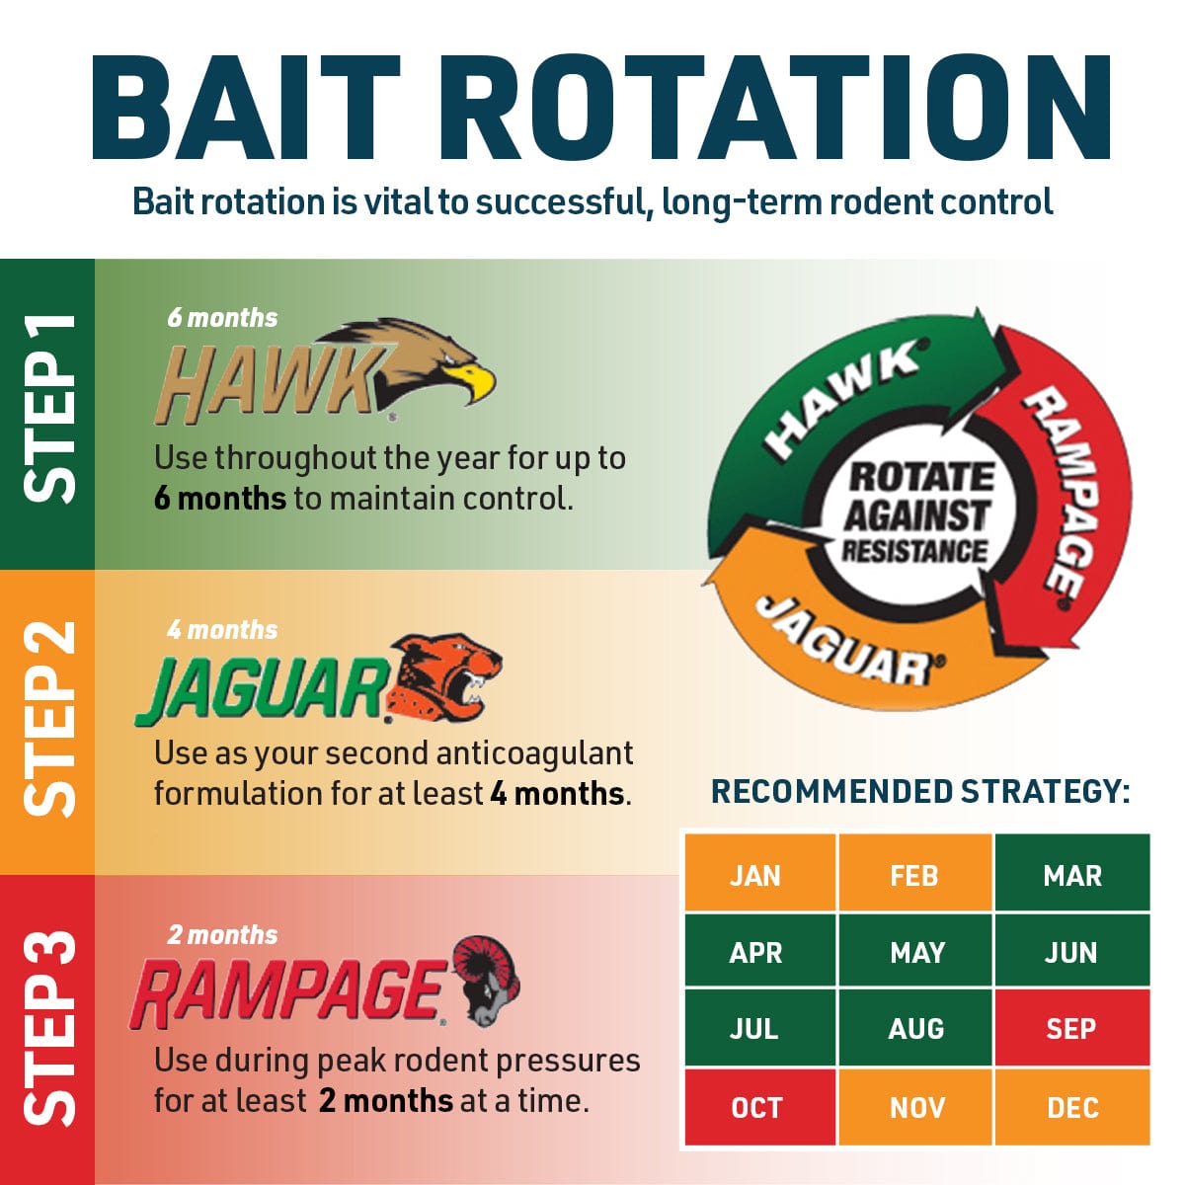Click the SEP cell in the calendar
click(x=1071, y=1028)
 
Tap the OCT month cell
click(x=760, y=1108)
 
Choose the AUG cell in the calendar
click(x=915, y=1028)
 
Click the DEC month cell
click(x=1071, y=1108)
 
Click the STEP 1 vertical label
click(x=48, y=409)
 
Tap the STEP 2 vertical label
click(x=48, y=719)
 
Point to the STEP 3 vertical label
click(x=48, y=1028)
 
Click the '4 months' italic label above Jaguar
click(x=222, y=630)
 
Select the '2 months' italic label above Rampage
click(x=222, y=935)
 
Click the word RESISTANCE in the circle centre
click(x=914, y=550)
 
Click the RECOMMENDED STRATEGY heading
click(x=920, y=791)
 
